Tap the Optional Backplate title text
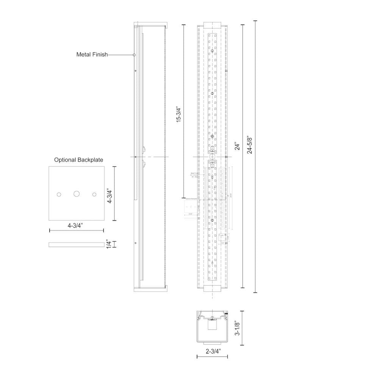tap(78, 160)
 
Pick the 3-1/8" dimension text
tap(237, 329)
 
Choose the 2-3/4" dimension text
tap(212, 351)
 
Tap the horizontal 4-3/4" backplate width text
tap(76, 226)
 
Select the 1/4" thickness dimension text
tap(109, 244)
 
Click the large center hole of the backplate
tap(77, 194)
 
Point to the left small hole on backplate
tap(59, 194)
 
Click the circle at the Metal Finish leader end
tap(134, 55)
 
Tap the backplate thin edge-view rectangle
tap(76, 244)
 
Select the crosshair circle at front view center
tap(212, 157)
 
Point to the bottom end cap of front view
tap(212, 290)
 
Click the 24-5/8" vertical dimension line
tap(255, 157)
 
